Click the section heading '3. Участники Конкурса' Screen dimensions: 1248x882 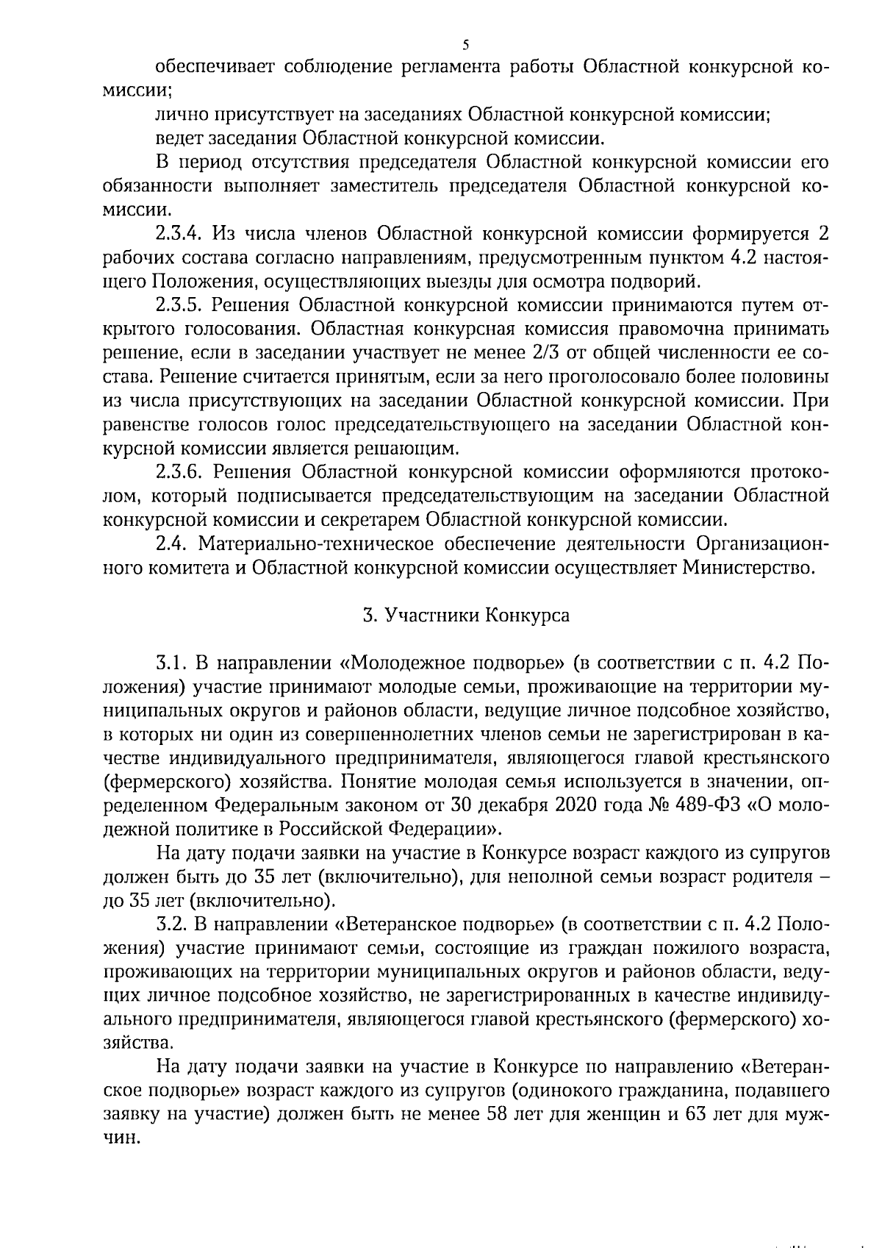(x=466, y=615)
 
